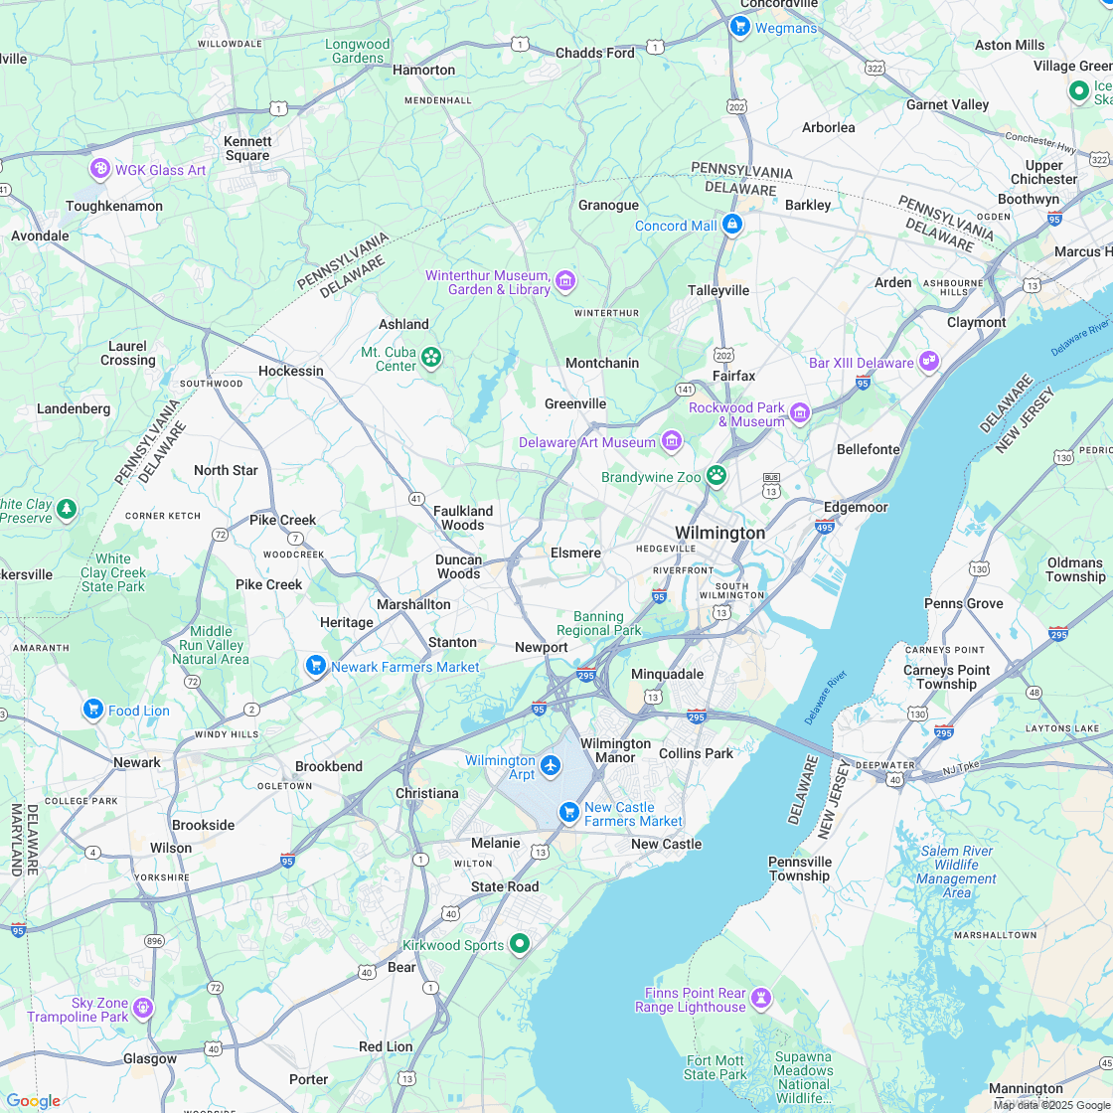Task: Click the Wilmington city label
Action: coord(719,533)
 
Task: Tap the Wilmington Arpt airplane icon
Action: coord(551,766)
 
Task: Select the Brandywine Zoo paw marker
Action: coord(716,476)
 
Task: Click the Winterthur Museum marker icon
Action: coord(565,282)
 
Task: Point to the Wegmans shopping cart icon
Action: coord(739,27)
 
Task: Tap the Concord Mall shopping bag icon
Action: coord(732,225)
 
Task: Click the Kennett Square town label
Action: coord(247,148)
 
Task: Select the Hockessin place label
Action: coord(291,371)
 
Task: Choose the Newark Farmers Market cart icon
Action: coord(316,666)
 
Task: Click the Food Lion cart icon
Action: coord(93,710)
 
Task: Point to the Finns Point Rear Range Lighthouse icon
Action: coord(761,998)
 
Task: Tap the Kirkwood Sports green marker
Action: coord(519,944)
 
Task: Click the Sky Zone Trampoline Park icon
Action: coord(143,1009)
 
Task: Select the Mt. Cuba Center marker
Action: coord(431,357)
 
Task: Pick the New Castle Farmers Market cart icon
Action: coord(569,813)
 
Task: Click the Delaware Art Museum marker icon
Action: coord(672,441)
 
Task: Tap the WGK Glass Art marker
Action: coord(99,169)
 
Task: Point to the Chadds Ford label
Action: coord(594,53)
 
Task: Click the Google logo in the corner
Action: coord(33,1100)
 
